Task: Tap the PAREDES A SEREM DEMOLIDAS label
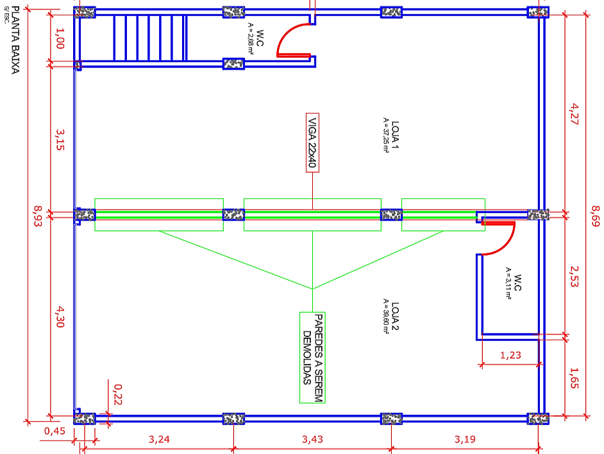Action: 312,357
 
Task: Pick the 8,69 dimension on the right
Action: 596,218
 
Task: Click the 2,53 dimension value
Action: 574,274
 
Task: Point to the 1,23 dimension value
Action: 510,354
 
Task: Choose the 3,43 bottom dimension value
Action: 312,439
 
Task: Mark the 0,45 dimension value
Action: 55,432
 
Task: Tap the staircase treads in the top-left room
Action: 150,38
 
